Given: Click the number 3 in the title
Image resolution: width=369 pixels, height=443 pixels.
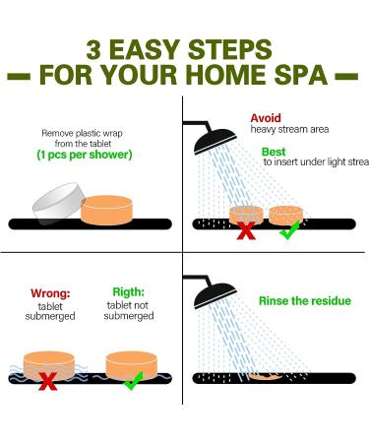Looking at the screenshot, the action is (x=93, y=49).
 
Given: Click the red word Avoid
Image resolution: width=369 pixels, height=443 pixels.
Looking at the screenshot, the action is (x=266, y=118).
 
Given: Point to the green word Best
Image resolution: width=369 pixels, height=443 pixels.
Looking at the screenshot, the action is (x=274, y=152).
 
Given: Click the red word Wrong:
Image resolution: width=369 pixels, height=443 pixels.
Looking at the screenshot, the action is (x=50, y=293).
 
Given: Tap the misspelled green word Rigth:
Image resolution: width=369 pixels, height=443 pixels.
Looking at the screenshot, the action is (x=128, y=291).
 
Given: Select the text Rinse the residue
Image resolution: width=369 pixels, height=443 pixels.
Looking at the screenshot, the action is (x=305, y=301).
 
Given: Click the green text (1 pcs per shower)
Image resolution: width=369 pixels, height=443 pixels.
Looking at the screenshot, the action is (x=85, y=155).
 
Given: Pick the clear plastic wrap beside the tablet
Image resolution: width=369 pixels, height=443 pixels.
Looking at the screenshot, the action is (x=59, y=202).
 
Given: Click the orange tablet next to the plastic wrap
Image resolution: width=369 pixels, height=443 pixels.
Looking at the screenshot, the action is (x=106, y=211).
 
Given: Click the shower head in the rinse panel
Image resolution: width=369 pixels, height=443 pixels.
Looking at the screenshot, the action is (x=215, y=295).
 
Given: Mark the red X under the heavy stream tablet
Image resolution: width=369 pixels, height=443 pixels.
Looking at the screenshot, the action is (x=246, y=230).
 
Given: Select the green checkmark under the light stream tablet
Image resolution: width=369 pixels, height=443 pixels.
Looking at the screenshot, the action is (x=289, y=229).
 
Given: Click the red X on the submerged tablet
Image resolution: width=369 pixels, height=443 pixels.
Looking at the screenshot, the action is (x=48, y=381).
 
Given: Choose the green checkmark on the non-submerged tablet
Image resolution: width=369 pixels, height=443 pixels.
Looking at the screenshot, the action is (x=134, y=381).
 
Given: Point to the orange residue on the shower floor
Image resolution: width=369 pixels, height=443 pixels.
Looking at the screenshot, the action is (x=265, y=377).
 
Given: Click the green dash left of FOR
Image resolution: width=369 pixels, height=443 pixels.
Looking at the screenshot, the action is (x=19, y=77).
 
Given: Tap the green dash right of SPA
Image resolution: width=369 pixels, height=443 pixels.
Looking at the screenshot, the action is (x=346, y=77).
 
